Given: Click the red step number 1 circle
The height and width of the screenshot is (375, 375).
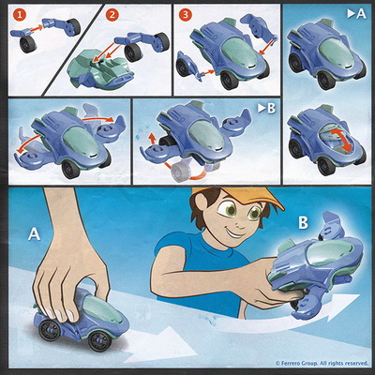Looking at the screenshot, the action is [x=20, y=15].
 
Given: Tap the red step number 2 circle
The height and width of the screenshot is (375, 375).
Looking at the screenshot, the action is [x=112, y=15].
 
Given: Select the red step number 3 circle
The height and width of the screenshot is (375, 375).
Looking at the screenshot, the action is [x=186, y=15].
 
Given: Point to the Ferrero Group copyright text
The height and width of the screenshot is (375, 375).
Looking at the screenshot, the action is [x=322, y=363].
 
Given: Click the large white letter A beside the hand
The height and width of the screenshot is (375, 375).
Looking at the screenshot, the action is [x=34, y=233].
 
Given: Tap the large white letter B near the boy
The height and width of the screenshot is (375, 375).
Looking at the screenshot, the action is [x=303, y=223].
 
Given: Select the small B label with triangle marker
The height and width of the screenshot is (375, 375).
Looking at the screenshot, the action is [x=266, y=108].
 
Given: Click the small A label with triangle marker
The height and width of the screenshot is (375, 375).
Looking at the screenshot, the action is [x=356, y=14].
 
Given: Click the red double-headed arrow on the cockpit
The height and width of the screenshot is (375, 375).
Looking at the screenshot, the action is [x=340, y=142].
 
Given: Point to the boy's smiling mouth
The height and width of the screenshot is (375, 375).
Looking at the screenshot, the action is [x=232, y=232].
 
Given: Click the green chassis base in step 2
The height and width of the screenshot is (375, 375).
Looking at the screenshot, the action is [x=101, y=73].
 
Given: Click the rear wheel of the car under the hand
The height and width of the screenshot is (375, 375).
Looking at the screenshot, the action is [x=49, y=331].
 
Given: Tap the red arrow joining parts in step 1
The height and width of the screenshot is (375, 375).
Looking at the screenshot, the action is [x=37, y=28].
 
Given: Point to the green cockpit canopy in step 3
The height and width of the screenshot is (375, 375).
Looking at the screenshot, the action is [x=239, y=52].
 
